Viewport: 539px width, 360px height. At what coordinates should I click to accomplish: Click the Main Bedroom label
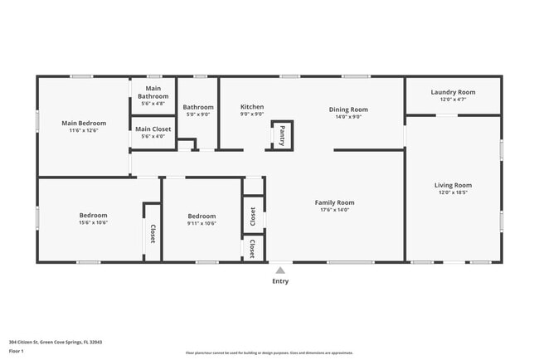point(81,123)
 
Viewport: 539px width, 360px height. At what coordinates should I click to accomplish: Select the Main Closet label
point(153,129)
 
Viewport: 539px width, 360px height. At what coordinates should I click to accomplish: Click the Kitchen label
point(252,107)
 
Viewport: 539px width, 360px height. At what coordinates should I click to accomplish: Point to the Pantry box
point(282,134)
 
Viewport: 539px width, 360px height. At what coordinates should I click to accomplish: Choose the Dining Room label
point(348,109)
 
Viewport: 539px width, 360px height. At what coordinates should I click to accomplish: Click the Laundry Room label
point(453,92)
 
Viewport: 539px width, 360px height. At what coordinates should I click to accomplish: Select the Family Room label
point(334,202)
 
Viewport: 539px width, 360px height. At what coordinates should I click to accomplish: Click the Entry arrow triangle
point(280,270)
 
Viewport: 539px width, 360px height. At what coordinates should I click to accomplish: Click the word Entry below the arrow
point(280,281)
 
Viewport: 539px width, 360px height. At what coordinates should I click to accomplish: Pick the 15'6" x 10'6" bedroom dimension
point(93,222)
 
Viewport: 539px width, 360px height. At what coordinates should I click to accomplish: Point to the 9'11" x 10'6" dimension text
point(202,223)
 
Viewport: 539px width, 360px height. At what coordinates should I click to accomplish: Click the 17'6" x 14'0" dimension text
point(334,210)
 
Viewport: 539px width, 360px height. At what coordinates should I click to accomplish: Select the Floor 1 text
point(17,350)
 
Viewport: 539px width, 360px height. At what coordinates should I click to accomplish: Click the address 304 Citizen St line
point(56,342)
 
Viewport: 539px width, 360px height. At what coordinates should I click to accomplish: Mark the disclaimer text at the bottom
point(269,353)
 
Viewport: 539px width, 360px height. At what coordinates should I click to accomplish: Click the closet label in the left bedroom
point(153,234)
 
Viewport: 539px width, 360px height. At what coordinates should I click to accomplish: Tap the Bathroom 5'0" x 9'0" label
point(198,107)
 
